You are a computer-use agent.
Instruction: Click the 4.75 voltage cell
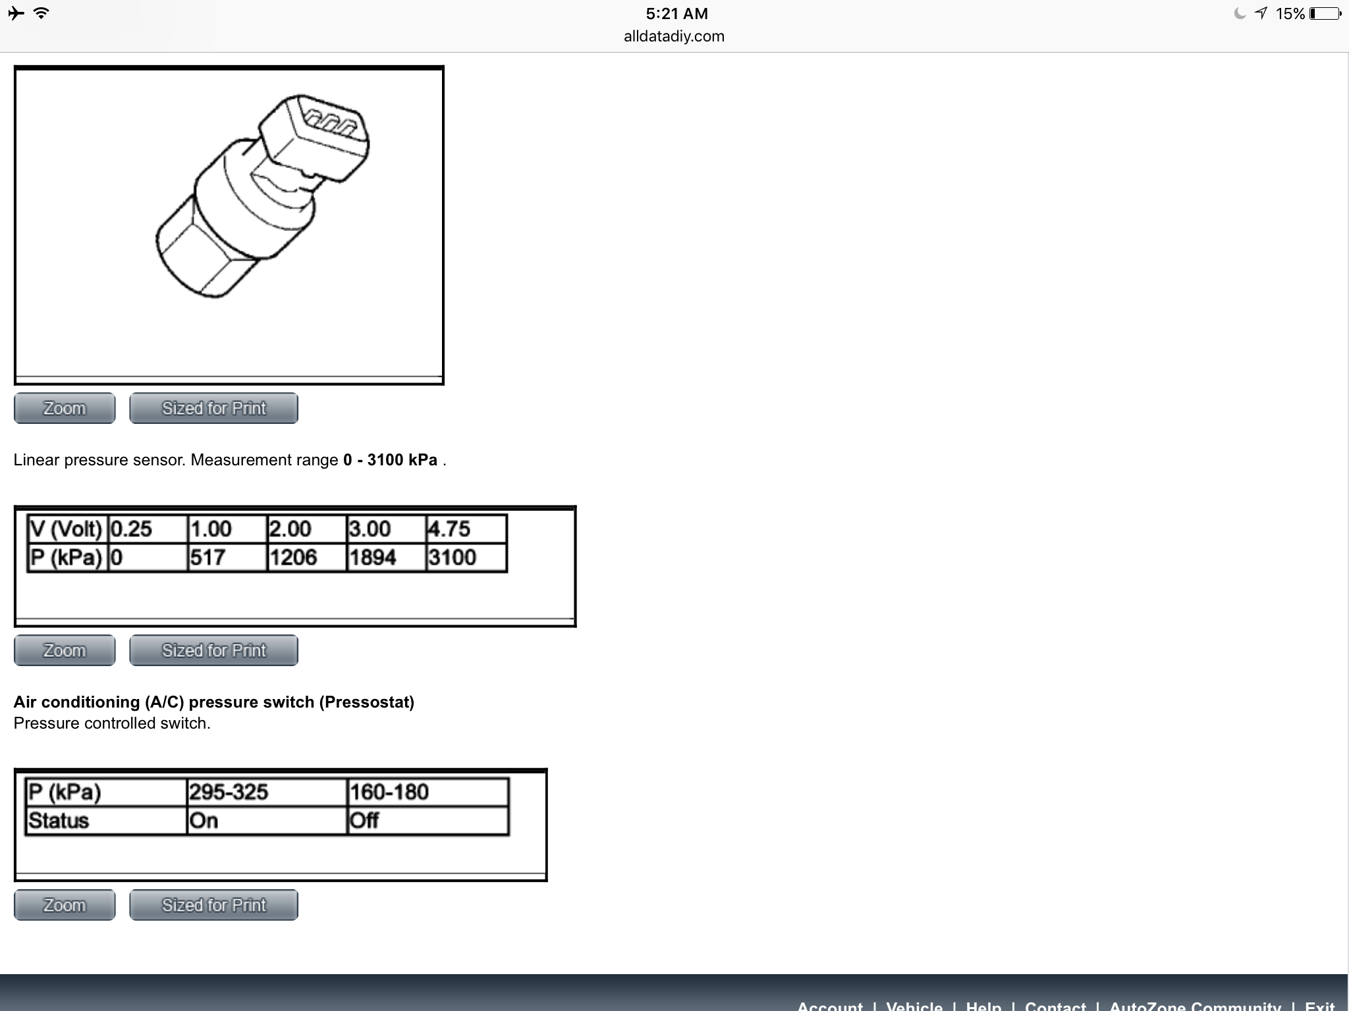coord(466,529)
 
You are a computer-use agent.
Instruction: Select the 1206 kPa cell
coord(307,557)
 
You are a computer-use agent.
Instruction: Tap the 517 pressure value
coord(227,557)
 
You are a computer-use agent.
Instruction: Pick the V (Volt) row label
coord(67,529)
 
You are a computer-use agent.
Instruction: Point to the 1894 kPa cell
coord(387,557)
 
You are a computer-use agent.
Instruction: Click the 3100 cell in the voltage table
coord(466,557)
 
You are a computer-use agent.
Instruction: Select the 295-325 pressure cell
coord(267,792)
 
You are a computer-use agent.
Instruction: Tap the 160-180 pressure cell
coord(427,792)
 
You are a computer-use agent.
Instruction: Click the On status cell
coord(267,821)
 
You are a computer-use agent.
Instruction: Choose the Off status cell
coord(427,821)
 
